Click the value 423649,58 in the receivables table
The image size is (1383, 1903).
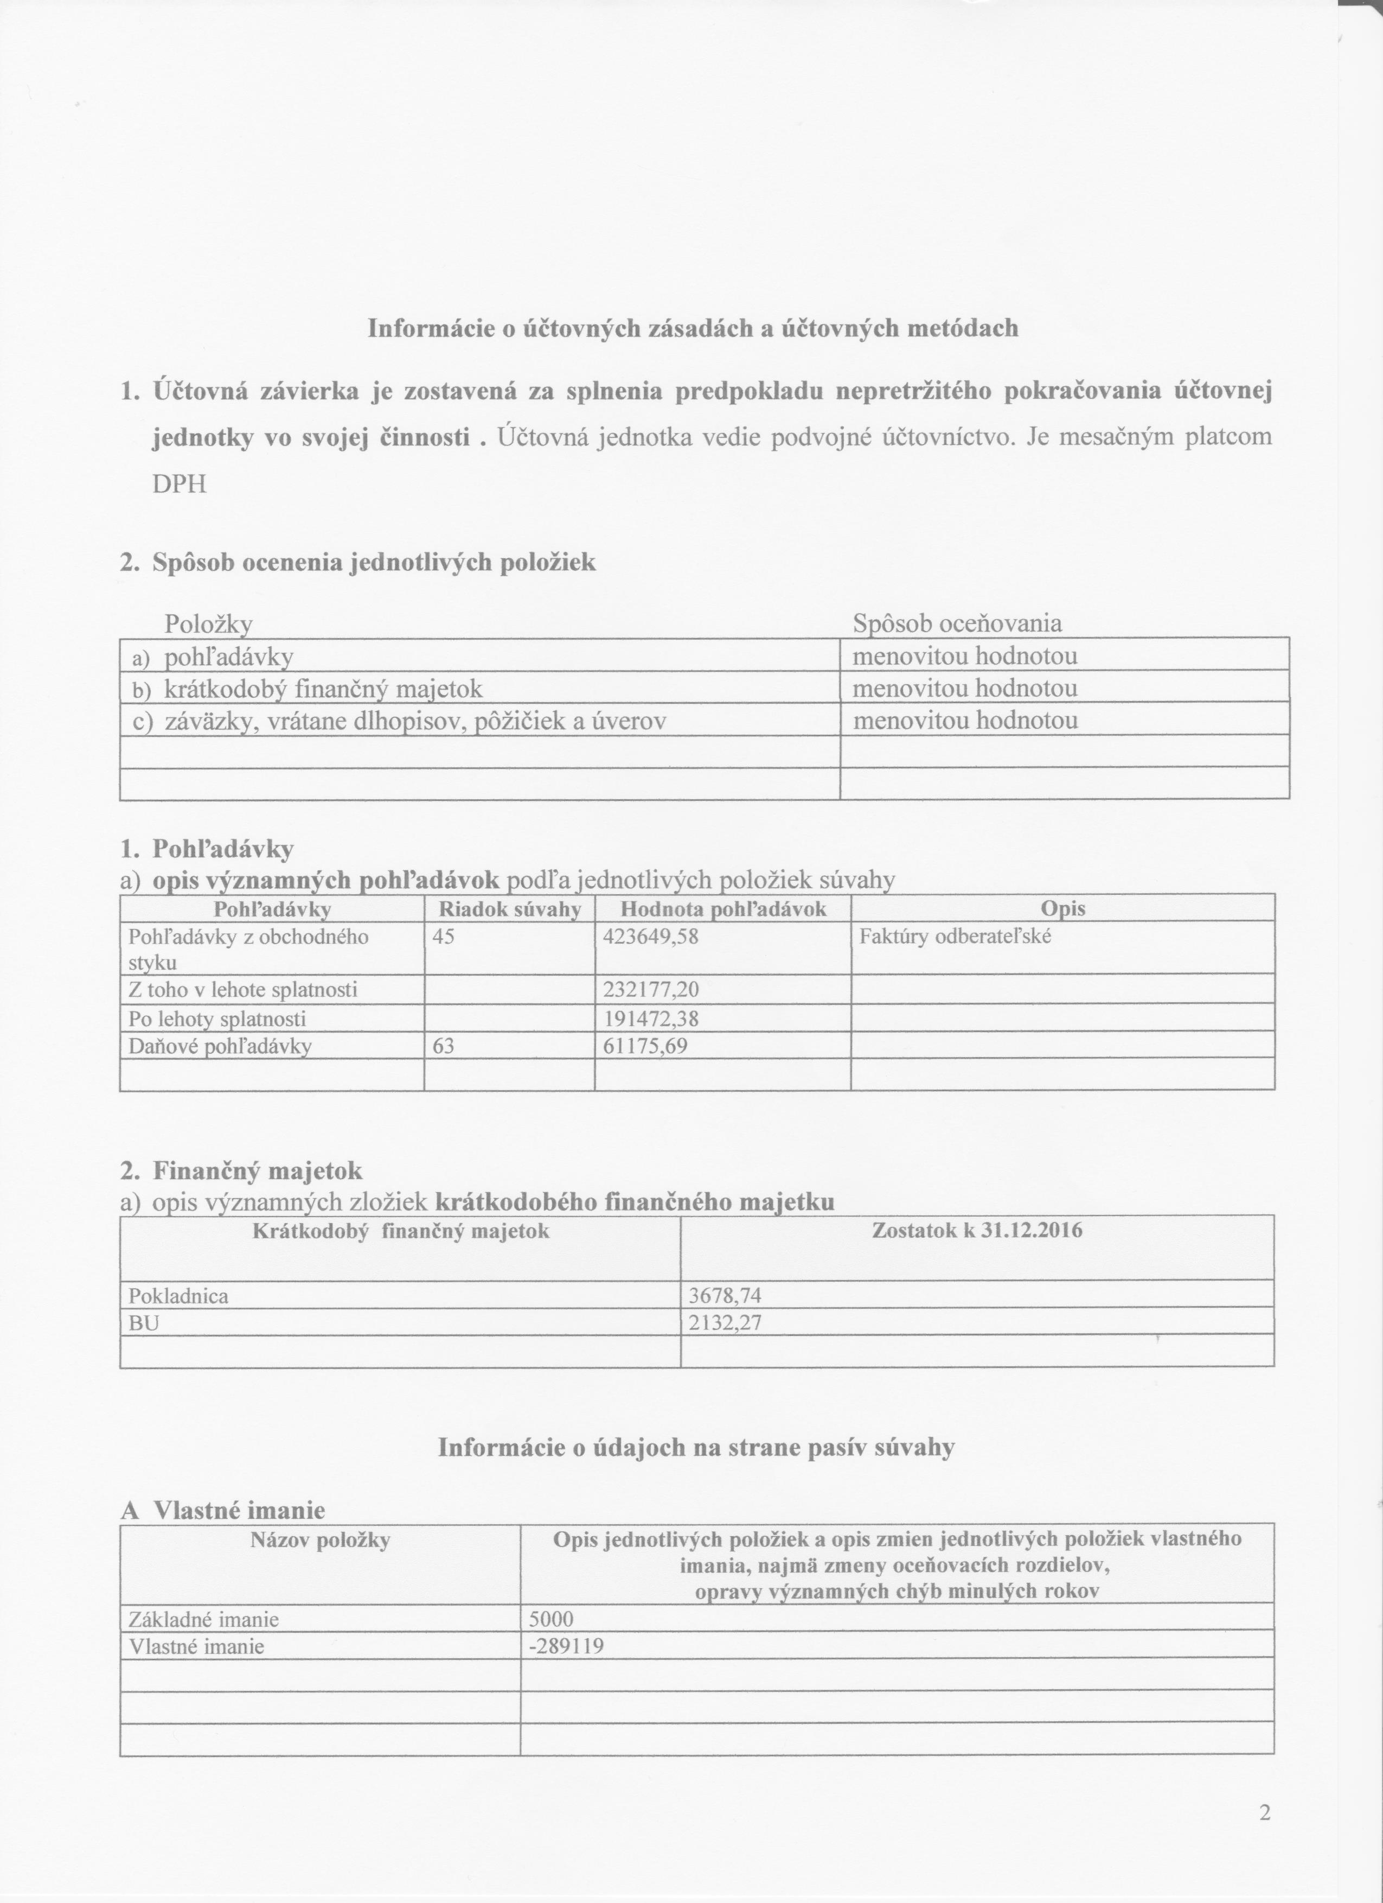[650, 937]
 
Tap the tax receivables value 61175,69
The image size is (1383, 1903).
[645, 1046]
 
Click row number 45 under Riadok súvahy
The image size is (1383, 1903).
[444, 937]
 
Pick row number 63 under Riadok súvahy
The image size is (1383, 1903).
[444, 1046]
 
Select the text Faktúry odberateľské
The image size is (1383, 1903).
[955, 937]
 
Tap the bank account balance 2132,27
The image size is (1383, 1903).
[725, 1323]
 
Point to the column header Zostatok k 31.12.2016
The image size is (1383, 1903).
[977, 1231]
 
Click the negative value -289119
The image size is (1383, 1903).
[567, 1646]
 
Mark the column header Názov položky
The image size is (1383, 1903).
[321, 1539]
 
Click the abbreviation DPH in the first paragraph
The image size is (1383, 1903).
[180, 484]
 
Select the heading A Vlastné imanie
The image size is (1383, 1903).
[223, 1510]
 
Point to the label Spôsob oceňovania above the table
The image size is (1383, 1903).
[957, 623]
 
